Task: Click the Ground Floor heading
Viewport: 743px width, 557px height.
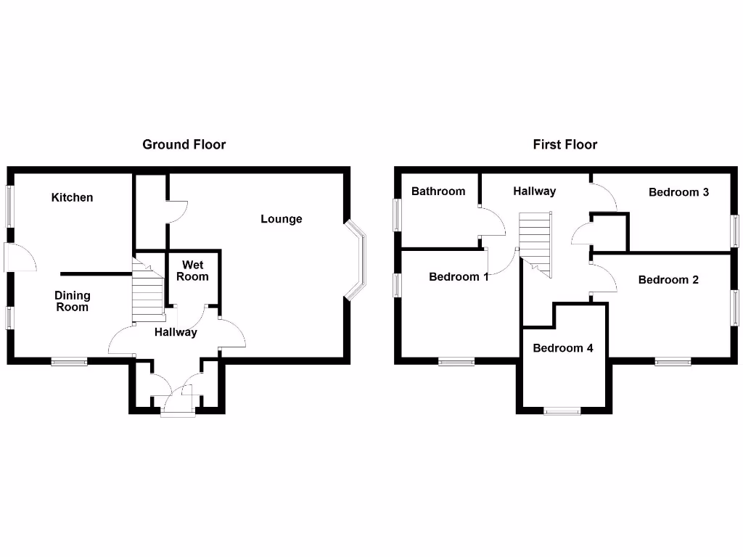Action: pyautogui.click(x=184, y=144)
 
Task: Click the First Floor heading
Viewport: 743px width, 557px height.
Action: pyautogui.click(x=565, y=144)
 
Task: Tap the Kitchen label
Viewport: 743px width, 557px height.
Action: pyautogui.click(x=72, y=197)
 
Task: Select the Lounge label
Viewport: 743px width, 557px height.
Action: pyautogui.click(x=282, y=219)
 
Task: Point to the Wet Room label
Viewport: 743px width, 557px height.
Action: pyautogui.click(x=194, y=271)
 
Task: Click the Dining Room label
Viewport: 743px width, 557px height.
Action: pyautogui.click(x=73, y=301)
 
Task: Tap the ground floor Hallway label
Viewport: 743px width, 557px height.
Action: pyautogui.click(x=176, y=332)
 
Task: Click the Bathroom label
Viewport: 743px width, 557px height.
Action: pyautogui.click(x=438, y=191)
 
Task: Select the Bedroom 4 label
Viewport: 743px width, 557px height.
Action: pyautogui.click(x=563, y=348)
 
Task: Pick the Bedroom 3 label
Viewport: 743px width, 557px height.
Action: pyautogui.click(x=678, y=192)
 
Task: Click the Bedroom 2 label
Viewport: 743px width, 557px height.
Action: pyautogui.click(x=668, y=280)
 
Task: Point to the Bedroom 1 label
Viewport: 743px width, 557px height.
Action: pyautogui.click(x=459, y=276)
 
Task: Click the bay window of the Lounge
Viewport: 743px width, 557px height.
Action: pyautogui.click(x=358, y=260)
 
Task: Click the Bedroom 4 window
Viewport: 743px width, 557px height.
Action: pyautogui.click(x=563, y=410)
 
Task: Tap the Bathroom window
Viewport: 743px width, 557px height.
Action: pyautogui.click(x=397, y=215)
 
